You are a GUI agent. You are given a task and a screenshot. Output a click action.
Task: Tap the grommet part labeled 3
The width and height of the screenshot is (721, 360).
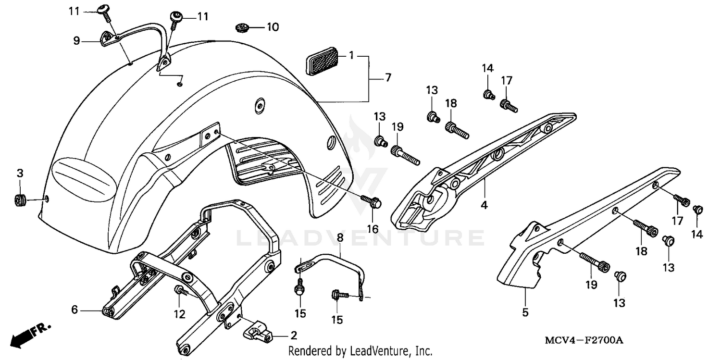coord(20,199)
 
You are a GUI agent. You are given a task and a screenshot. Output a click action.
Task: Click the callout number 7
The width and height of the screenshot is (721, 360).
coord(387,77)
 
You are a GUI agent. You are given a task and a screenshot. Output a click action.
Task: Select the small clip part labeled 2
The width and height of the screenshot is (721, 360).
coord(258,331)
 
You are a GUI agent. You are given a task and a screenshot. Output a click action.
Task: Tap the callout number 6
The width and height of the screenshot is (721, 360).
coord(75,310)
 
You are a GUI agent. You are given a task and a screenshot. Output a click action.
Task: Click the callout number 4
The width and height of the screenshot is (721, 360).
coord(484,205)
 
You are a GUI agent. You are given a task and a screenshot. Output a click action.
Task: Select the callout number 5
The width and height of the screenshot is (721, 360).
coord(525,312)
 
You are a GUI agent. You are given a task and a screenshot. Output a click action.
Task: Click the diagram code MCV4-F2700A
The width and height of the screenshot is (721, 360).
coord(584,340)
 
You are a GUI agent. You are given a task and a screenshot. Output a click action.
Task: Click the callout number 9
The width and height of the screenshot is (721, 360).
coord(76,41)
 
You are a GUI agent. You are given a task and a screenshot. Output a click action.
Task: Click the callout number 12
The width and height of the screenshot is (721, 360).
coord(179,314)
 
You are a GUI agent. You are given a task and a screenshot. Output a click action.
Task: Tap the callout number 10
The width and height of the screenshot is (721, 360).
coord(272,27)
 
